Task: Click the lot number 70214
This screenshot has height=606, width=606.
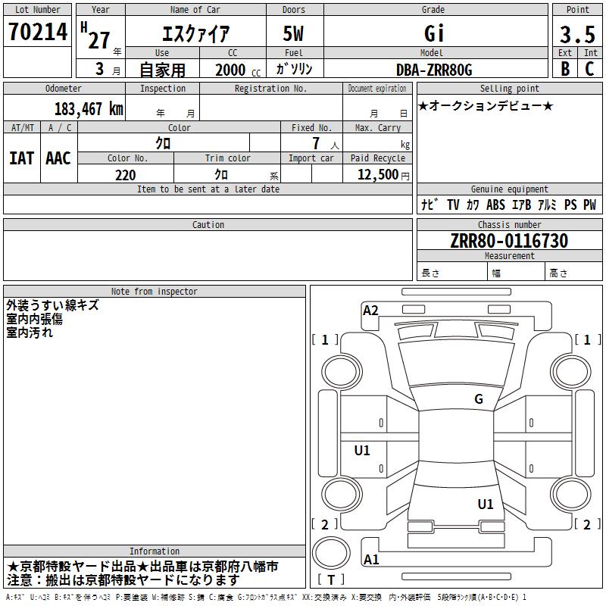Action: [37, 32]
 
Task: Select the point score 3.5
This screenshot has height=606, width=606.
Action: [577, 34]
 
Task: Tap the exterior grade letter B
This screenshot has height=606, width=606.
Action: [565, 69]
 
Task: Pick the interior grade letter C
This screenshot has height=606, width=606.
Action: [589, 69]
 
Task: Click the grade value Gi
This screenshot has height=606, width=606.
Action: [434, 33]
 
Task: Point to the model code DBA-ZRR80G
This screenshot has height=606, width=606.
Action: [434, 70]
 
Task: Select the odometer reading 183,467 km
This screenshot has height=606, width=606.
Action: [89, 109]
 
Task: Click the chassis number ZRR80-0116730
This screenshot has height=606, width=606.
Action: [509, 241]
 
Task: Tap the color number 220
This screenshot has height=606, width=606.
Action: [125, 175]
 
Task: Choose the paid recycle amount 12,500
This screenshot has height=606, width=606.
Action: [377, 175]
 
